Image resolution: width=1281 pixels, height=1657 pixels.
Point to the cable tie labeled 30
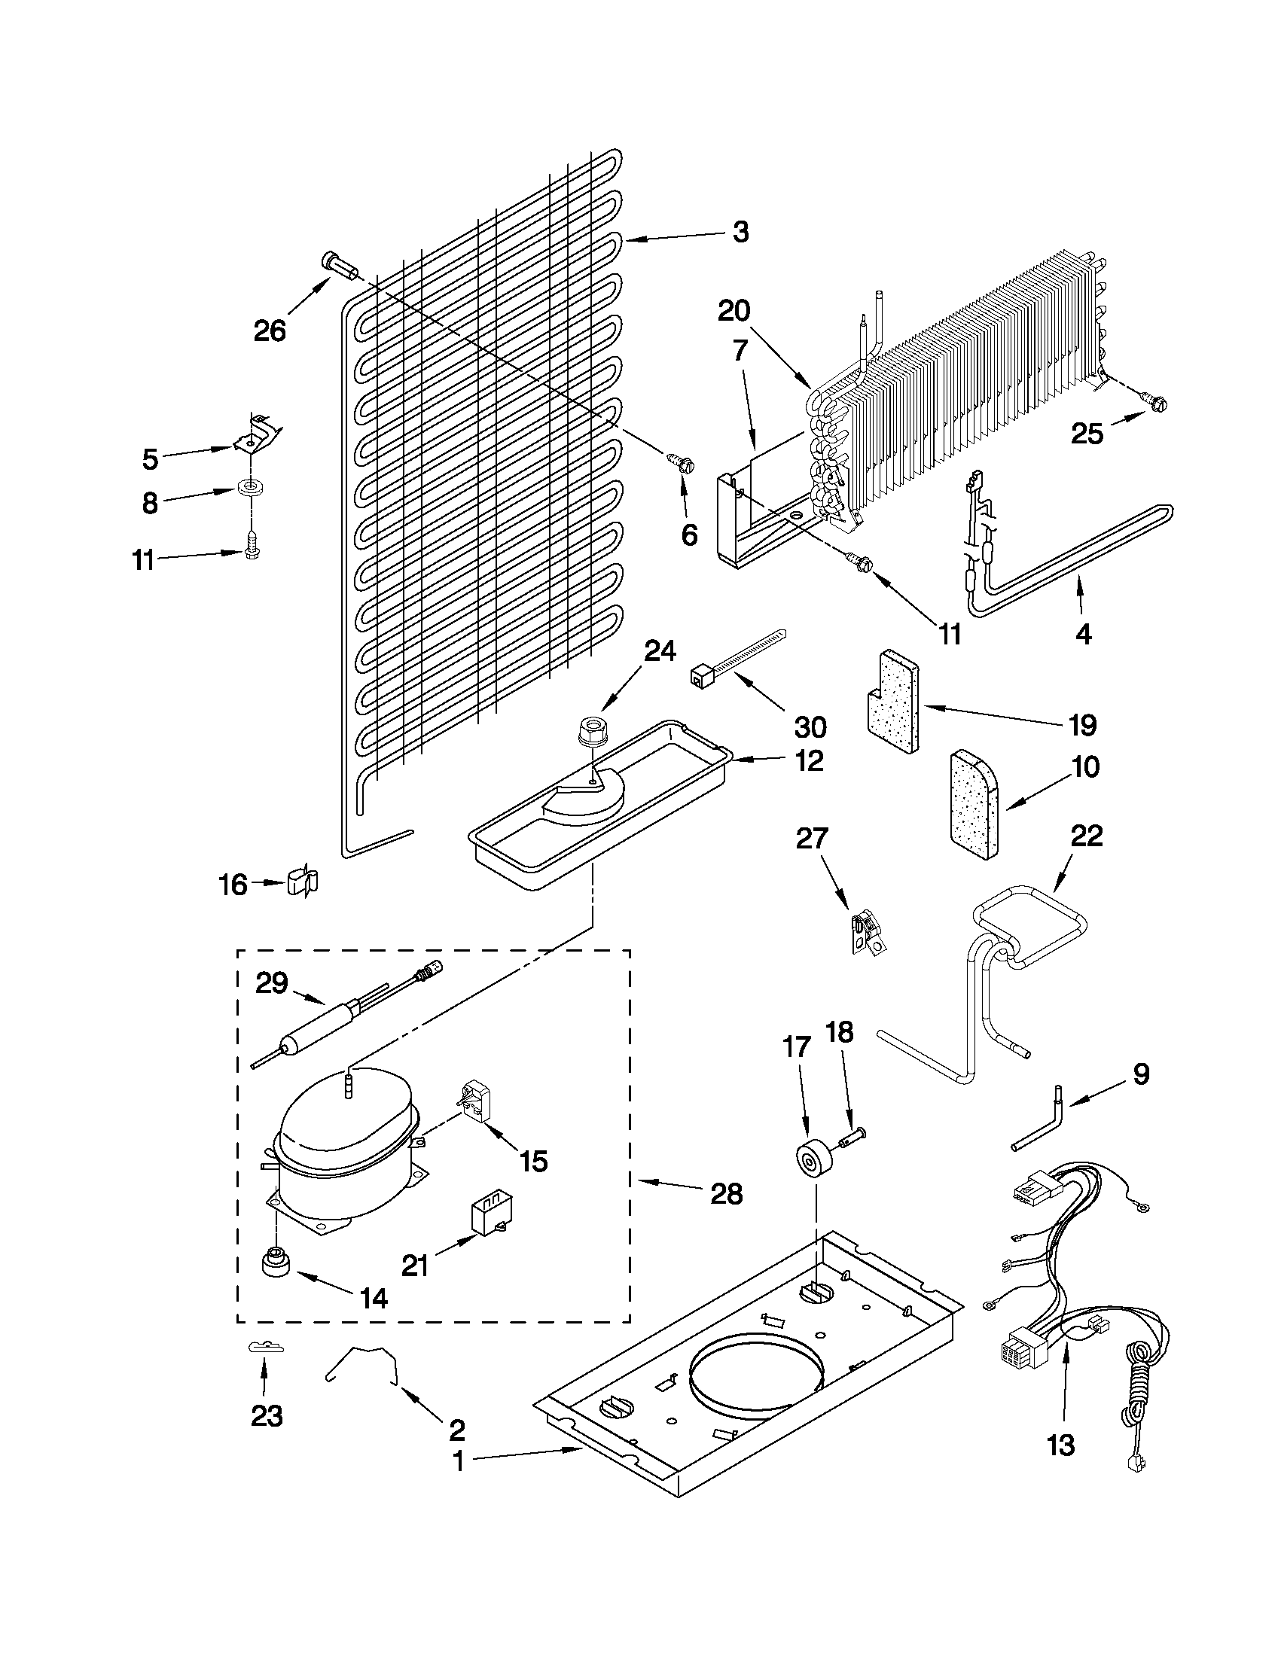coord(734,653)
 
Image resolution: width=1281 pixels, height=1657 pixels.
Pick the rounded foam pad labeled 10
coord(974,805)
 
